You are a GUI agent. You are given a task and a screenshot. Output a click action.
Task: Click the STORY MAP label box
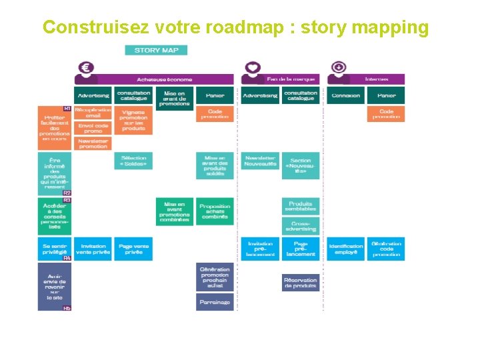pos(156,50)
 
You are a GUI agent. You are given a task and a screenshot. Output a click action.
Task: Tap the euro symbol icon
pos(85,68)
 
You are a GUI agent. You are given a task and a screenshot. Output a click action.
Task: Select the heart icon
pos(251,68)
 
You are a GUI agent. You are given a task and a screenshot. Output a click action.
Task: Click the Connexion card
pos(345,95)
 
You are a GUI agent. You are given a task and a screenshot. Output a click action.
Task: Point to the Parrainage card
pos(215,302)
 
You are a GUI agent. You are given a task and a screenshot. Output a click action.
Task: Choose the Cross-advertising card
pos(301,226)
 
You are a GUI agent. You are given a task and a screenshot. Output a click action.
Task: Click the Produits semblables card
pos(301,206)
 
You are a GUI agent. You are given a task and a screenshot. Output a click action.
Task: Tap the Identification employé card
pos(345,249)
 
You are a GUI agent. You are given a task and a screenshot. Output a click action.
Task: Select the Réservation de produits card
pos(301,283)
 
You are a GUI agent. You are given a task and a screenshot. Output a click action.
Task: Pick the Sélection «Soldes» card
pos(133,161)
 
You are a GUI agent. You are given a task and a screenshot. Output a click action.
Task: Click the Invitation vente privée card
pos(93,249)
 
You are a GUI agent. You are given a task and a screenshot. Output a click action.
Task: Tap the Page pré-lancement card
pos(301,249)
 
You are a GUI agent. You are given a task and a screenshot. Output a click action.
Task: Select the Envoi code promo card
pos(93,128)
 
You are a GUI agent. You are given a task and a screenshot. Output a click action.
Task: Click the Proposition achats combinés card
pos(215,211)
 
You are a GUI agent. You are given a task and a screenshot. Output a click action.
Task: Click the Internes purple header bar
pos(375,79)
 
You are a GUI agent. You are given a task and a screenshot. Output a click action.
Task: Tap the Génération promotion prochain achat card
pos(215,277)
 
